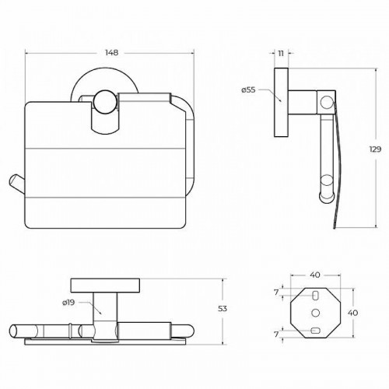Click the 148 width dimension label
tap(111, 53)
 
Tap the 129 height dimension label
tap(375, 149)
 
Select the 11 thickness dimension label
tap(281, 54)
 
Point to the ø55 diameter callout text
tap(248, 90)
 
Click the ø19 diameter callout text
tap(68, 303)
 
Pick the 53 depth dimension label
tap(223, 309)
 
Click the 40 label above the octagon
tap(315, 275)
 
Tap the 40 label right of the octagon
tap(352, 313)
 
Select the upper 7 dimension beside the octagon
tap(276, 293)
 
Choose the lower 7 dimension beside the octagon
tap(276, 335)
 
